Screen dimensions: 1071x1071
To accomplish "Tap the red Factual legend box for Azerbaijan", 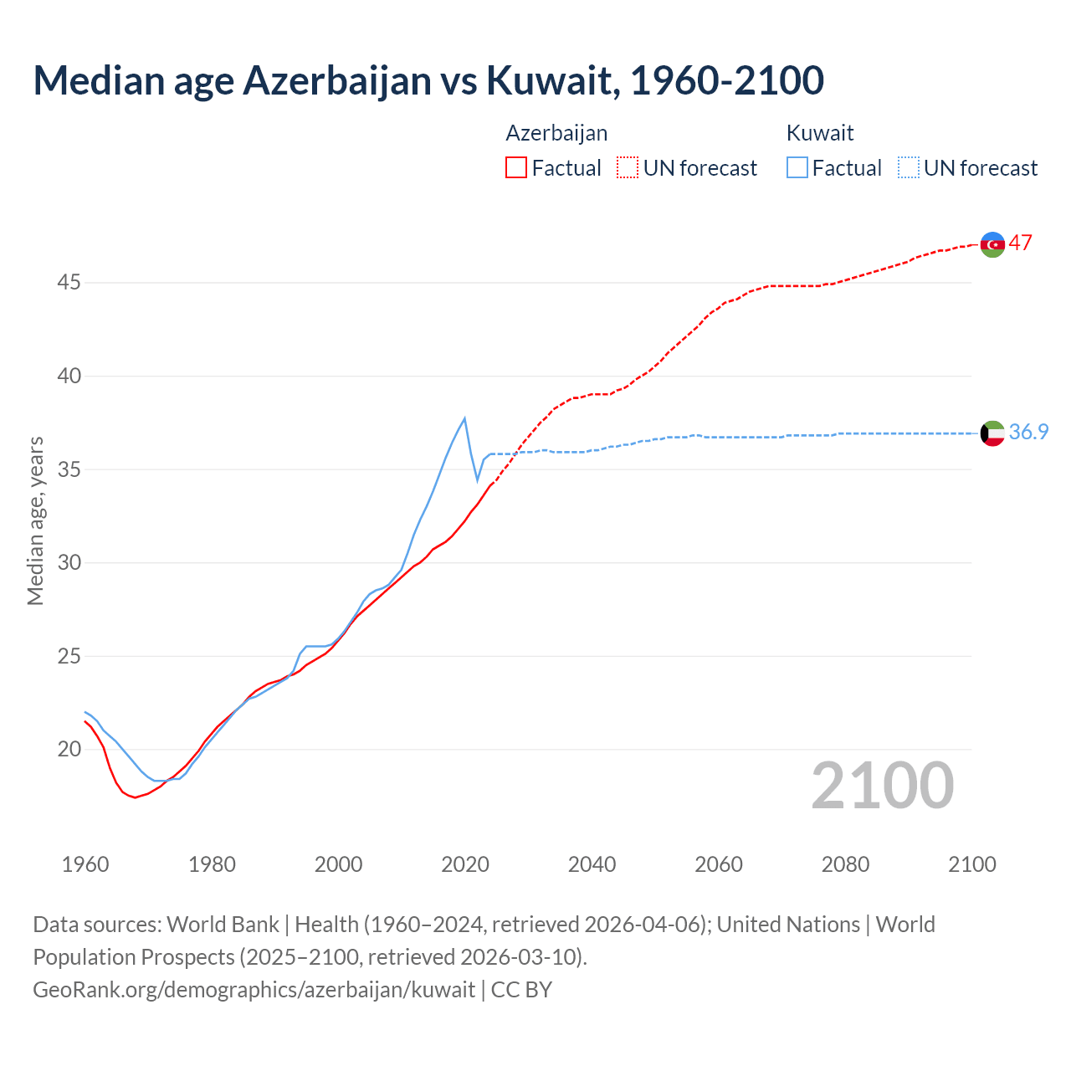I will pyautogui.click(x=516, y=167).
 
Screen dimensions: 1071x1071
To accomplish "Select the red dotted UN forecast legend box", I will pyautogui.click(x=628, y=167).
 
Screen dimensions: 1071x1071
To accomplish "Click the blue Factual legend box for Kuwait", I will pyautogui.click(x=797, y=167).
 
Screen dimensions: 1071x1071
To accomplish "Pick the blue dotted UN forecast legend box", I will pyautogui.click(x=908, y=167).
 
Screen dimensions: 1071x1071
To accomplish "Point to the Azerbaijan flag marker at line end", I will pyautogui.click(x=992, y=244).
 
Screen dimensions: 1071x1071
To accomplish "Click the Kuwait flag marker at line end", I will pyautogui.click(x=992, y=433).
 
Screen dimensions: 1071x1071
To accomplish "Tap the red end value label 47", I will pyautogui.click(x=1020, y=243).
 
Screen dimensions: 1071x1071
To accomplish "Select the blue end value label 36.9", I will pyautogui.click(x=1028, y=432).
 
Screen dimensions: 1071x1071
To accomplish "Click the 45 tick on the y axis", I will pyautogui.click(x=69, y=283).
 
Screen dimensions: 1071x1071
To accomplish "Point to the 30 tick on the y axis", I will pyautogui.click(x=69, y=562).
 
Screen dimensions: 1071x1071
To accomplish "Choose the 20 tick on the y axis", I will pyautogui.click(x=69, y=749).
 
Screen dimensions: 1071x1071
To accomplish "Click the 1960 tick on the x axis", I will pyautogui.click(x=85, y=864).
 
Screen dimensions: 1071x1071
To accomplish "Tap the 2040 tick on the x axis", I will pyautogui.click(x=592, y=864).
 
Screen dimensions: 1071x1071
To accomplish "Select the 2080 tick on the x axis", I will pyautogui.click(x=845, y=864).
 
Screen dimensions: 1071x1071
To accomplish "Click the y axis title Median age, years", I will pyautogui.click(x=35, y=520).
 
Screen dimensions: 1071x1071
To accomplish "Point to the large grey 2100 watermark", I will pyautogui.click(x=882, y=785).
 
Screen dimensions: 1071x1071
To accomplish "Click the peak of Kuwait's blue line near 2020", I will pyautogui.click(x=464, y=418).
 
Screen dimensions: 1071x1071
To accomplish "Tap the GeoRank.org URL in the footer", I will pyautogui.click(x=254, y=989).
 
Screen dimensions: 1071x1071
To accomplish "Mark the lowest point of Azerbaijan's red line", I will pyautogui.click(x=135, y=797).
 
